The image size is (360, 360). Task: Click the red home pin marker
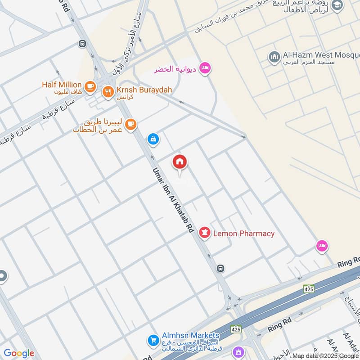(180, 162)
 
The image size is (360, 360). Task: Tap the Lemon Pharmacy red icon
(205, 234)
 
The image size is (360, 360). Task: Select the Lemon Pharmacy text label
(243, 234)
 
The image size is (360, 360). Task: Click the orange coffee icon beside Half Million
(90, 85)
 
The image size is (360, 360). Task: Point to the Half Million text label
(62, 85)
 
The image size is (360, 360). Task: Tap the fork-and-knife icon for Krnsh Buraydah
(108, 92)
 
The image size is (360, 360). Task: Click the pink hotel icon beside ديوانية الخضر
(205, 68)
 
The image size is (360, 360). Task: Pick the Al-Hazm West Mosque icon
(274, 57)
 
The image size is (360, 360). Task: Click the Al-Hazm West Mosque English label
(320, 55)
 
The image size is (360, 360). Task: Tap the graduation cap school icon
(337, 5)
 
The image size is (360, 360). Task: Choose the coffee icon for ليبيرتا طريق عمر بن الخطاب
(130, 124)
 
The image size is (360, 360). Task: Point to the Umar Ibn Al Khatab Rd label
(173, 199)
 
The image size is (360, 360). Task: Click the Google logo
(19, 353)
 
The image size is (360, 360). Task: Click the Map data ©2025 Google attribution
(325, 355)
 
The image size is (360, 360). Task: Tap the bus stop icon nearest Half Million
(82, 44)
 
